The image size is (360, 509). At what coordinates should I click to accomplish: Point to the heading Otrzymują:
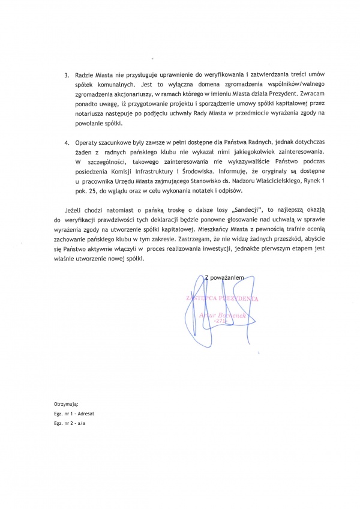(66, 406)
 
